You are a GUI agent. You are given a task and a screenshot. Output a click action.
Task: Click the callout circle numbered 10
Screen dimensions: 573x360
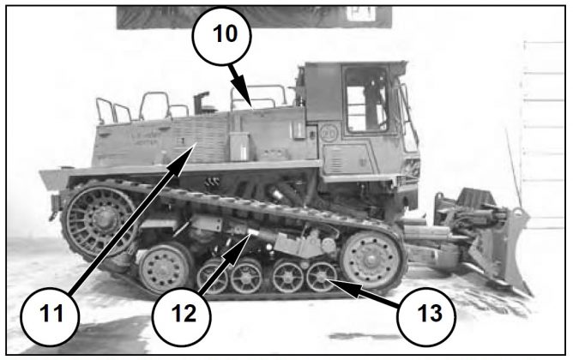click(x=222, y=36)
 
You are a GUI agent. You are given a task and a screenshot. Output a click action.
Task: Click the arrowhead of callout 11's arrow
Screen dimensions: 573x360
click(x=186, y=155)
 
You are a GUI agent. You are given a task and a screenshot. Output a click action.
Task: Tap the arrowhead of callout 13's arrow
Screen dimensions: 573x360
click(x=336, y=283)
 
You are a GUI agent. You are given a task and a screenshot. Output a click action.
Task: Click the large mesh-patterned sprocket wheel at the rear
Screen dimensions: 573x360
click(x=100, y=219)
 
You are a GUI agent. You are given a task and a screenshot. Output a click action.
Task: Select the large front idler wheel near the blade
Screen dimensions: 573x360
click(x=371, y=258)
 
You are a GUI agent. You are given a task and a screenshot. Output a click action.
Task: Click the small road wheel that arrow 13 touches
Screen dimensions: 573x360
click(x=321, y=276)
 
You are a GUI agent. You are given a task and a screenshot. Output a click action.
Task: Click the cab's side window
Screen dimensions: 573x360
click(x=366, y=99)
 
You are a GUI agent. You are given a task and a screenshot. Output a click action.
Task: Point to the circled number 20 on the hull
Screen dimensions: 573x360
click(x=329, y=133)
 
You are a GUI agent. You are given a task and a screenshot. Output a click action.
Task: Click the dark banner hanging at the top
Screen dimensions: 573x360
click(x=254, y=17)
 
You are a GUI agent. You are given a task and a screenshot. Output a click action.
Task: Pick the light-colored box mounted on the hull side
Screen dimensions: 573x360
click(x=238, y=146)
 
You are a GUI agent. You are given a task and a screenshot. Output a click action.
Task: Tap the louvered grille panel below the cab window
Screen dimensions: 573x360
click(x=346, y=159)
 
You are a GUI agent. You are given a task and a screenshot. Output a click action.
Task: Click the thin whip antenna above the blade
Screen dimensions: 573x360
click(x=514, y=167)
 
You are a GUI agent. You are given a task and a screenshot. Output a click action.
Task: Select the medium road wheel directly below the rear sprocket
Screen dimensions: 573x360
click(x=165, y=268)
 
